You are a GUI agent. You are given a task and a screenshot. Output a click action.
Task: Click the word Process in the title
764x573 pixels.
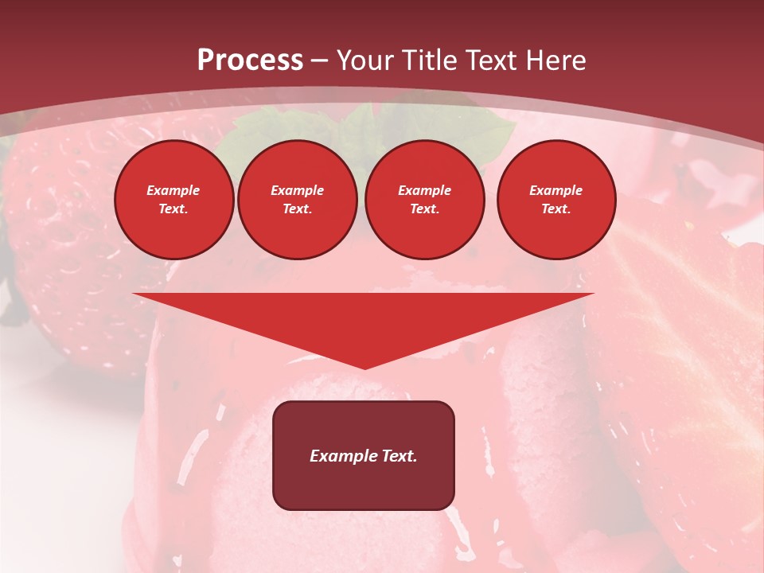point(250,60)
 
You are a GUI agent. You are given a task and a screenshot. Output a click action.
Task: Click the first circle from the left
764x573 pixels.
point(173,200)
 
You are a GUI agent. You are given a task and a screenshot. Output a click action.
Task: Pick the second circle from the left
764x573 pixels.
point(297,200)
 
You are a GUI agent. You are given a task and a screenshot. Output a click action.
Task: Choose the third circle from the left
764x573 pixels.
point(424,200)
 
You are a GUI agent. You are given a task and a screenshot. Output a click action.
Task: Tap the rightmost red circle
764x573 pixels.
point(555,200)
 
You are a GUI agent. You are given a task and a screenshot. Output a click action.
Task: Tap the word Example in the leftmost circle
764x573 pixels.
point(173,190)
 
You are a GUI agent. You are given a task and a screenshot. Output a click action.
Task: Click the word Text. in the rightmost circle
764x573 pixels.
point(555,209)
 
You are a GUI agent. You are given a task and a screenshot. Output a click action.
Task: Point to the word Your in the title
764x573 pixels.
point(364,60)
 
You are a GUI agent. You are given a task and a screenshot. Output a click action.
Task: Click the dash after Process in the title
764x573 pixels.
point(319,60)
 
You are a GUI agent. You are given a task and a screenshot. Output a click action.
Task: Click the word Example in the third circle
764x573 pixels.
point(424,190)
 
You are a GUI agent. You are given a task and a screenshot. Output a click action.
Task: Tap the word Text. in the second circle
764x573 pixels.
point(297,209)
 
